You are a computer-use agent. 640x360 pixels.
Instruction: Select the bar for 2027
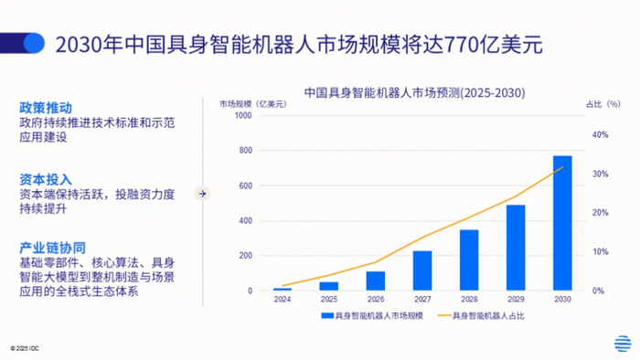tap(422, 270)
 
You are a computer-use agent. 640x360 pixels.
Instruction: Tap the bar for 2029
tap(516, 248)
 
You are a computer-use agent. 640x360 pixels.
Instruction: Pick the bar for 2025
tap(329, 286)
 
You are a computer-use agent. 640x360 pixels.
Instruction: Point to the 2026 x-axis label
tap(376, 300)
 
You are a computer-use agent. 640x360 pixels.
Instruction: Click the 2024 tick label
tap(283, 300)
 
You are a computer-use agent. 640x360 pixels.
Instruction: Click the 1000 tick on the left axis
tap(242, 115)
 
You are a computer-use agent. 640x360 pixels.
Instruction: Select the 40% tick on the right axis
tap(600, 135)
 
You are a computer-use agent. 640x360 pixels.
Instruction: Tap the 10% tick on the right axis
tap(600, 252)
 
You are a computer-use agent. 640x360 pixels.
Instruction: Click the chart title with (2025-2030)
tap(408, 92)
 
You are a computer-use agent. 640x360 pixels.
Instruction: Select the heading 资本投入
tap(46, 179)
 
